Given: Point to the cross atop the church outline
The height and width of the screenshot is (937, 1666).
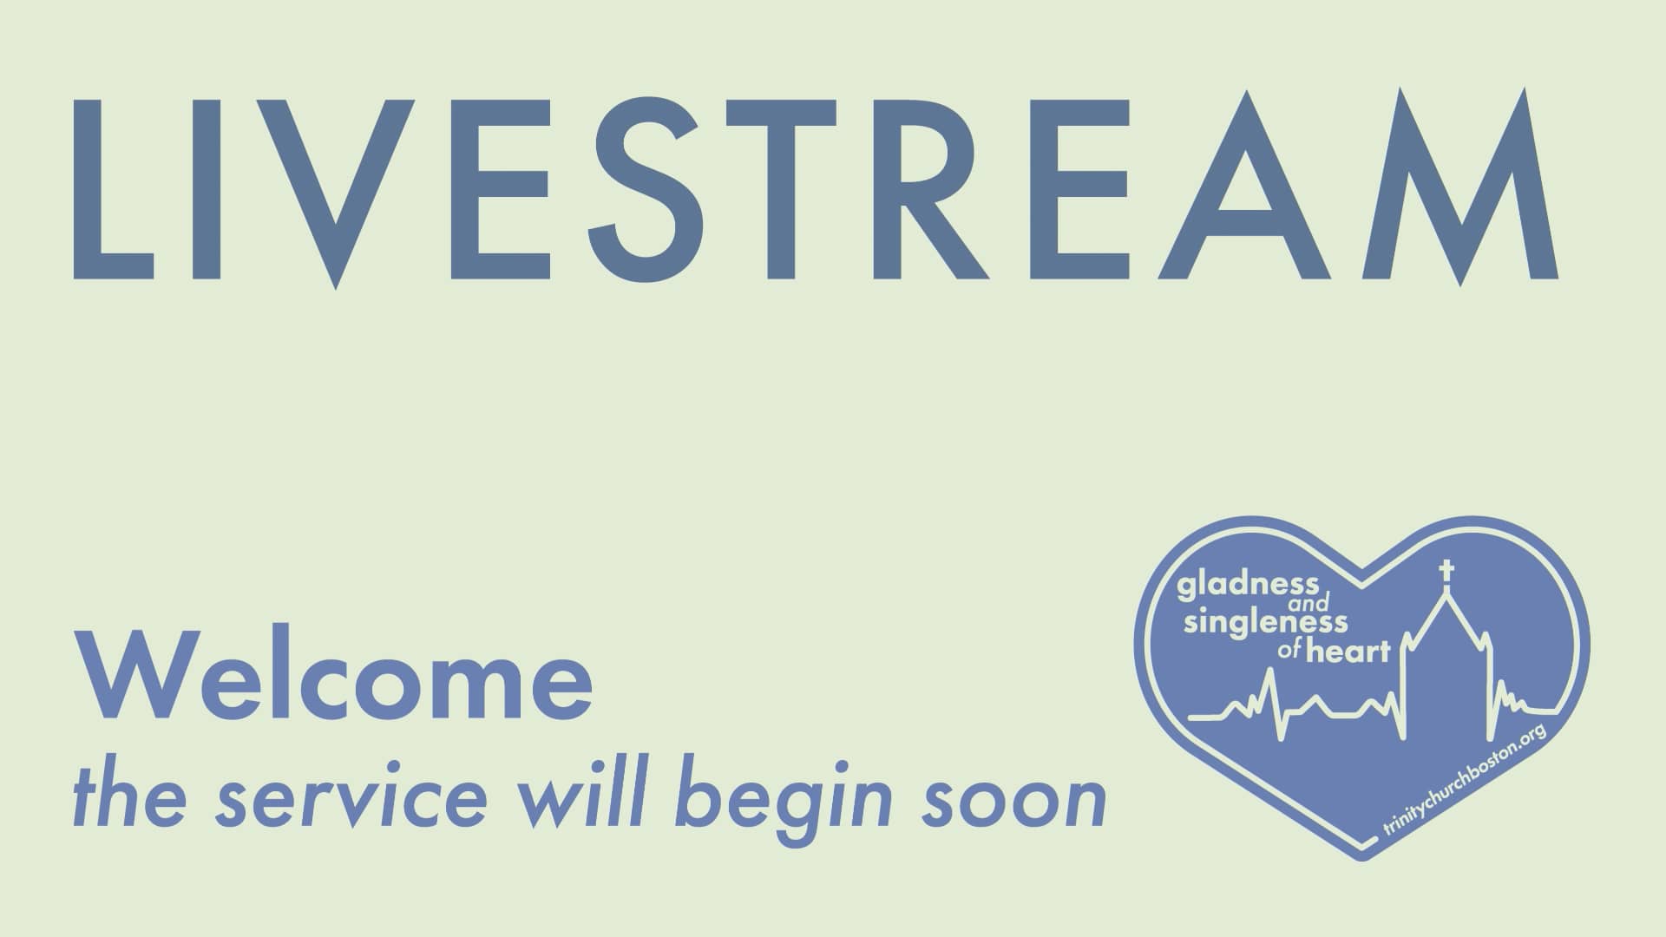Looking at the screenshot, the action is point(1446,574).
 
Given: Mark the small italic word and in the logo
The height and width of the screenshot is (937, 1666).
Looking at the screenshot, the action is point(1305,604).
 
